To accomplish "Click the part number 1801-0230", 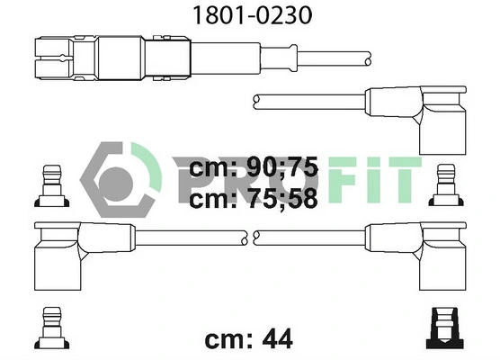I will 249,15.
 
